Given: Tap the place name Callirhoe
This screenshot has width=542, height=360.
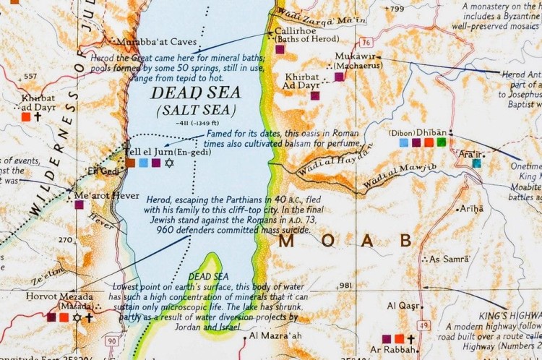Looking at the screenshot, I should click(291, 33).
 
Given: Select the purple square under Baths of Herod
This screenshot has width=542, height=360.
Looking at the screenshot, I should click(280, 50).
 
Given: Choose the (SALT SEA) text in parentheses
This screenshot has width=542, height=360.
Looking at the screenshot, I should click(196, 110).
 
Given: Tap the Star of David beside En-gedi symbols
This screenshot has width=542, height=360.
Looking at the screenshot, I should click(170, 163).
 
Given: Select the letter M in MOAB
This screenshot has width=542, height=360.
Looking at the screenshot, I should click(287, 241).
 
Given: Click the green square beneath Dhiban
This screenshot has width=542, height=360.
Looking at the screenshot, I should click(441, 142).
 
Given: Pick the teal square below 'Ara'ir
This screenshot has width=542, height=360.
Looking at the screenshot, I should click(476, 163).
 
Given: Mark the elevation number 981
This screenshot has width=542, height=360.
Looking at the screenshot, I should click(345, 286).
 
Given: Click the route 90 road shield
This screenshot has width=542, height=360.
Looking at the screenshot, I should click(111, 340).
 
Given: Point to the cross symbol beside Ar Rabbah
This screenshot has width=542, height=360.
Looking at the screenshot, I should click(411, 338).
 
